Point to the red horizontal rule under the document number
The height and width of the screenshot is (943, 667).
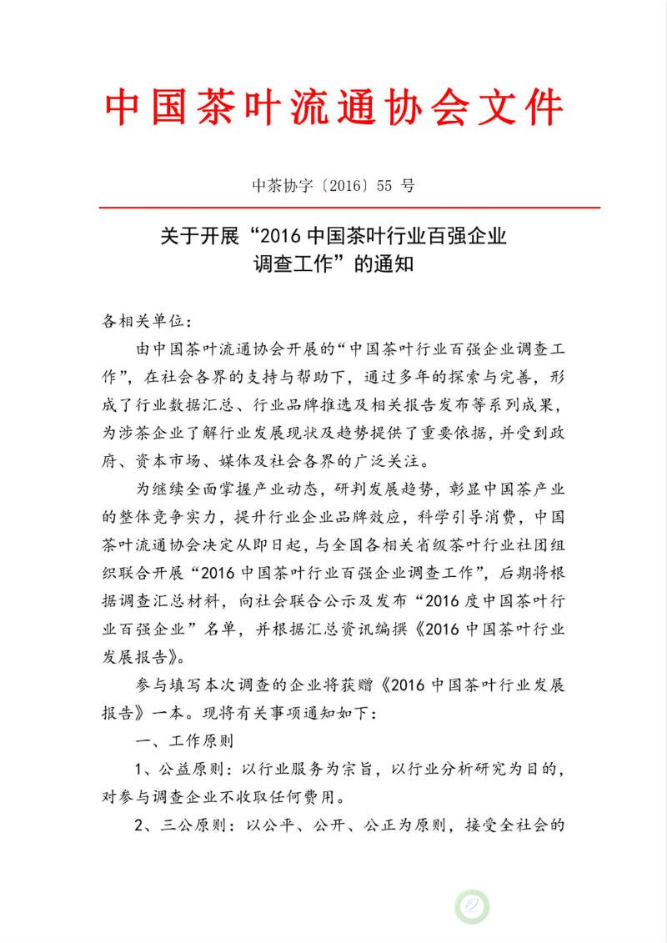point(349,207)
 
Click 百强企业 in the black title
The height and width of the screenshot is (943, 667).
point(466,237)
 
